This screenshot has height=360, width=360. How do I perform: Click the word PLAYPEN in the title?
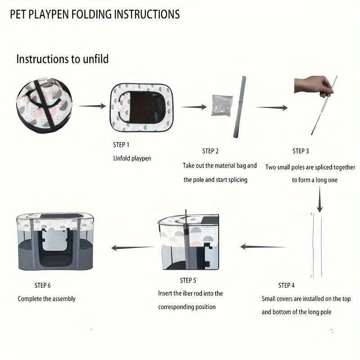click(60, 14)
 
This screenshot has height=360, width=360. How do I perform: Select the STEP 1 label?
click(121, 145)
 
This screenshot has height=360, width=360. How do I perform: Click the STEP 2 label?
click(211, 151)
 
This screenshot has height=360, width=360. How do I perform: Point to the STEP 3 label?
click(301, 151)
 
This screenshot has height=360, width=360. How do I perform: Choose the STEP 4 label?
click(287, 285)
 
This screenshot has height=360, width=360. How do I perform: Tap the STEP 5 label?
click(188, 280)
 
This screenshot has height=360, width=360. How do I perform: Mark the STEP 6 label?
click(43, 285)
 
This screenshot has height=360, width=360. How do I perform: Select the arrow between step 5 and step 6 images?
click(132, 247)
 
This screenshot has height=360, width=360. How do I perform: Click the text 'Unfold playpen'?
click(132, 158)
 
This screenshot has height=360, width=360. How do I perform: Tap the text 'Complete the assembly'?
click(47, 299)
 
